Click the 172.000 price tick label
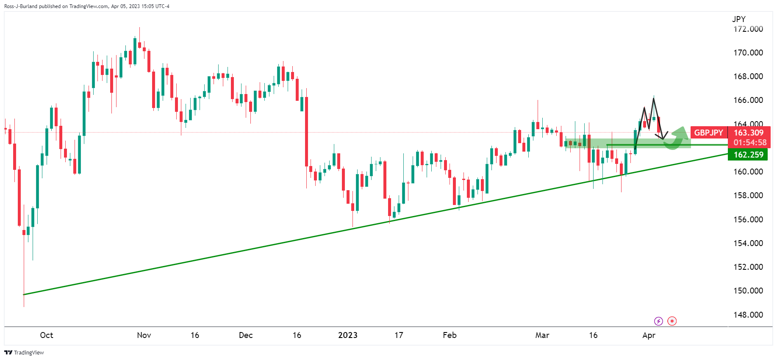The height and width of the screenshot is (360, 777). pos(748,29)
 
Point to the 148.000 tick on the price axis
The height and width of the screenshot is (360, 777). pos(748,315)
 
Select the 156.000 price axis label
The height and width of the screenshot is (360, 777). pos(748,219)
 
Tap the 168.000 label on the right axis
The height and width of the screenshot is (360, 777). pos(748,76)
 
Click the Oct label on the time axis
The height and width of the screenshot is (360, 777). pos(47,335)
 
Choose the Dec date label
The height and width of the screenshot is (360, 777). pos(246,335)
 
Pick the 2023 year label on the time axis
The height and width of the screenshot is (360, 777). pos(348,335)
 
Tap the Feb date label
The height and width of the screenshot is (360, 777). pos(450,335)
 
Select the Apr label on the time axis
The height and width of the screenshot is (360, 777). pos(649,335)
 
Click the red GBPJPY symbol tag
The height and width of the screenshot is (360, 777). pos(708,133)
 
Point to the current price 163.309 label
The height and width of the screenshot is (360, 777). pos(749,133)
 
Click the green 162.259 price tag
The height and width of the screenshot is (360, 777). pos(749,155)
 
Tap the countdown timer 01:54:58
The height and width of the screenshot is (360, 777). pos(750,143)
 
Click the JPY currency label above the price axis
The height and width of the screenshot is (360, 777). pos(738,19)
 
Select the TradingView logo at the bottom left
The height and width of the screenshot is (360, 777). pos(24,352)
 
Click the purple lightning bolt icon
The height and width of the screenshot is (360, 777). pos(658,321)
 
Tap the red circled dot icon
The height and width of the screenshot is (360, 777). pos(672,321)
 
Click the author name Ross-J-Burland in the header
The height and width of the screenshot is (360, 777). pos(21,6)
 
